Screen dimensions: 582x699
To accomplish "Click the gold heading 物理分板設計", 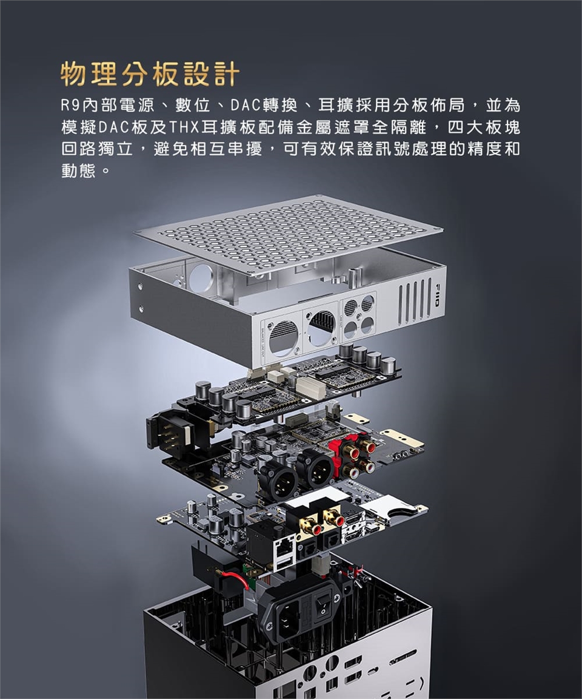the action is [x=150, y=74].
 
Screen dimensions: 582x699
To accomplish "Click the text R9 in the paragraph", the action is [x=70, y=106].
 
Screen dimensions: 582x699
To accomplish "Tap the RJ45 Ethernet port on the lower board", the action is [x=284, y=549].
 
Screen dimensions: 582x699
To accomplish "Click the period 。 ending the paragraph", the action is [x=105, y=171].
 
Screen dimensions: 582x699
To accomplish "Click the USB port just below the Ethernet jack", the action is [x=283, y=566].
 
